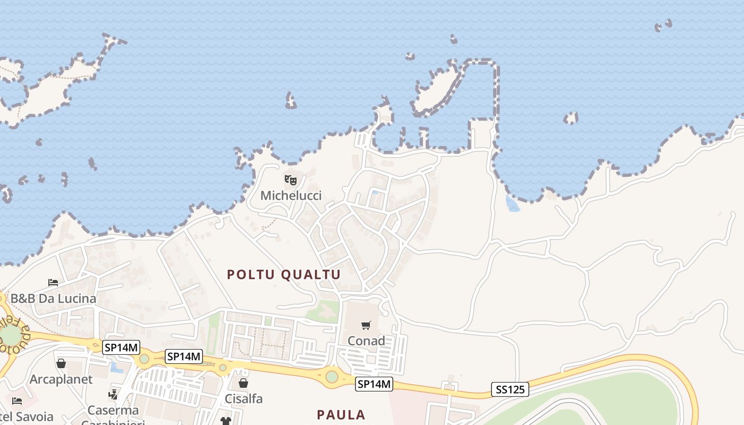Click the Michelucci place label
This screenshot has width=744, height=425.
(291, 195)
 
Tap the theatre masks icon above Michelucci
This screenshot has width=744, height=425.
(290, 180)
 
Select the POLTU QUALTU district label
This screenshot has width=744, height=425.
(284, 275)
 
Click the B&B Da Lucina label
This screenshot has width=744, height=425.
(54, 299)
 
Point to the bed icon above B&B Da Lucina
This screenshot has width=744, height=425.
(53, 282)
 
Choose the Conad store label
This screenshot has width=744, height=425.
(366, 341)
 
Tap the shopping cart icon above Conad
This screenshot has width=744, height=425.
(366, 325)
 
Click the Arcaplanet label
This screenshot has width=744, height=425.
(61, 379)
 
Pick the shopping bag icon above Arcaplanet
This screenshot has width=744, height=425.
(61, 364)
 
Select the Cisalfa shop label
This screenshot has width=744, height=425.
(244, 398)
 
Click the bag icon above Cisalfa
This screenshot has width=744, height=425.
(243, 383)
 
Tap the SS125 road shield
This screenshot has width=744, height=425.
(510, 389)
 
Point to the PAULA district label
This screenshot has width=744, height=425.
(341, 415)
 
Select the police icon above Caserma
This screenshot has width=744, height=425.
(113, 395)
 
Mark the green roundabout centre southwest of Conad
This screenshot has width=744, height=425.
(332, 377)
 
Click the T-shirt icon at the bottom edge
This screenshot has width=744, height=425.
(226, 421)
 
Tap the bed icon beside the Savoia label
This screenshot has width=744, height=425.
(17, 401)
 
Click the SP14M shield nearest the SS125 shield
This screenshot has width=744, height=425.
(374, 384)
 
